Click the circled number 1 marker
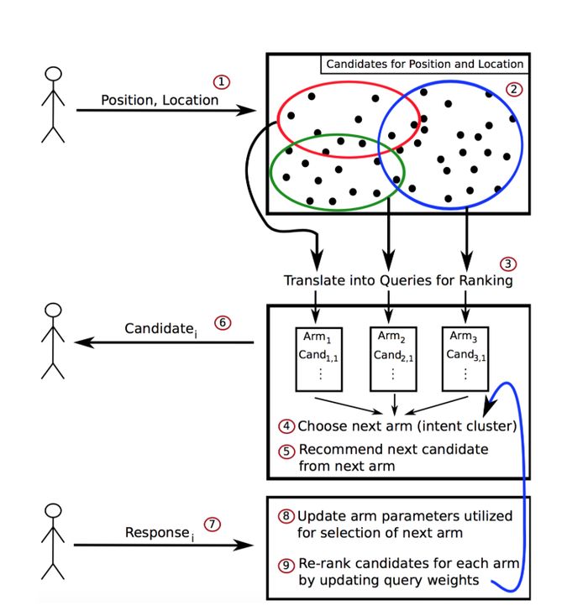[222, 82]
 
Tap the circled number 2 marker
[514, 88]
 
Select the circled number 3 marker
[508, 264]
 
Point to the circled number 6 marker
[223, 322]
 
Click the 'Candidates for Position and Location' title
[424, 64]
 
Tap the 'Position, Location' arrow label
[160, 100]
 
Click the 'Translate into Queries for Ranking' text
[397, 280]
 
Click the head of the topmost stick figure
[53, 74]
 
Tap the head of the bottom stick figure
[53, 511]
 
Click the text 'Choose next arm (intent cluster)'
[407, 425]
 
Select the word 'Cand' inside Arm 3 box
[460, 353]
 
